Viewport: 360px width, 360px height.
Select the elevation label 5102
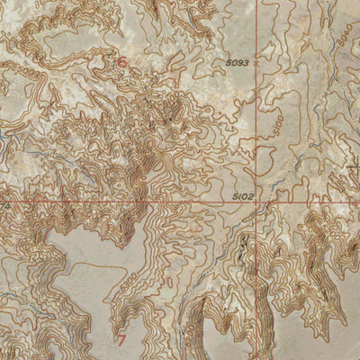point(244,193)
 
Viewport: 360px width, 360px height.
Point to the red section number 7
point(121,339)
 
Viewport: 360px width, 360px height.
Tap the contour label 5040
point(346,34)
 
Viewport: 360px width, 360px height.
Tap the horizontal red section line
point(135,202)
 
